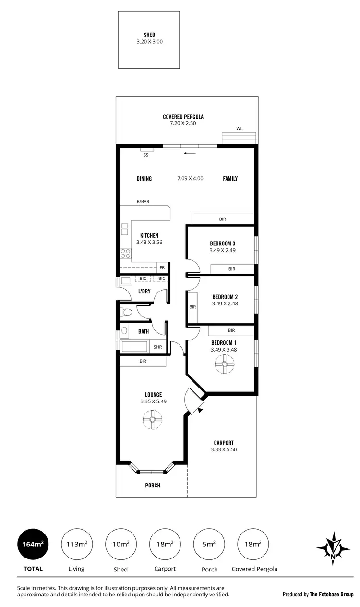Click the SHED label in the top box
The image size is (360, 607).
pyautogui.click(x=149, y=35)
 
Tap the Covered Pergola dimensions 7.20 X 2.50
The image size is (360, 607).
pyautogui.click(x=183, y=123)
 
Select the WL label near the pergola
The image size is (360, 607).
pyautogui.click(x=239, y=129)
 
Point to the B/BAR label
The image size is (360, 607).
pyautogui.click(x=143, y=202)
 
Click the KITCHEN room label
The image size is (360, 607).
pyautogui.click(x=149, y=235)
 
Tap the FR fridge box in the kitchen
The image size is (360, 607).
pyautogui.click(x=162, y=267)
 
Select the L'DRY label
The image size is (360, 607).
pyautogui.click(x=144, y=291)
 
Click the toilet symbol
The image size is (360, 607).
pyautogui.click(x=126, y=312)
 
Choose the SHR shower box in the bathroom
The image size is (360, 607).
pyautogui.click(x=157, y=347)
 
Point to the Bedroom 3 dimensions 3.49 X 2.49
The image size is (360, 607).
pyautogui.click(x=222, y=250)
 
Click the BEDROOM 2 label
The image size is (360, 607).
pyautogui.click(x=225, y=297)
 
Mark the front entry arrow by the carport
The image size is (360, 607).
pyautogui.click(x=199, y=409)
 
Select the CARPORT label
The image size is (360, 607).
pyautogui.click(x=224, y=443)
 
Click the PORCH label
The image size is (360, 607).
pyautogui.click(x=153, y=485)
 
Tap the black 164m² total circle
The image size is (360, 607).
pyautogui.click(x=32, y=544)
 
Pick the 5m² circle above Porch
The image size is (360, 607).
pyautogui.click(x=209, y=544)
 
